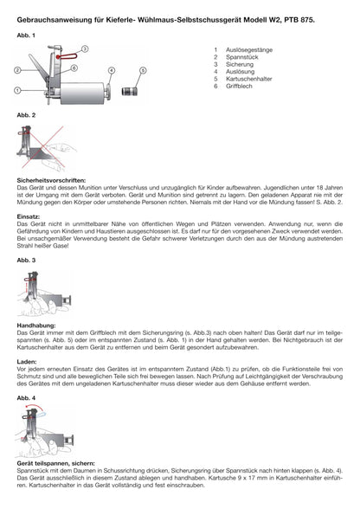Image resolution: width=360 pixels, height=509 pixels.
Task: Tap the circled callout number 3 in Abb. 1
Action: [x=84, y=48]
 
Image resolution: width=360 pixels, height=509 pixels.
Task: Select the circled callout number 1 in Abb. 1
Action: [x=18, y=90]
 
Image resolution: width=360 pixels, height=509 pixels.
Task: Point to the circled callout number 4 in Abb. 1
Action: [x=112, y=68]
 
